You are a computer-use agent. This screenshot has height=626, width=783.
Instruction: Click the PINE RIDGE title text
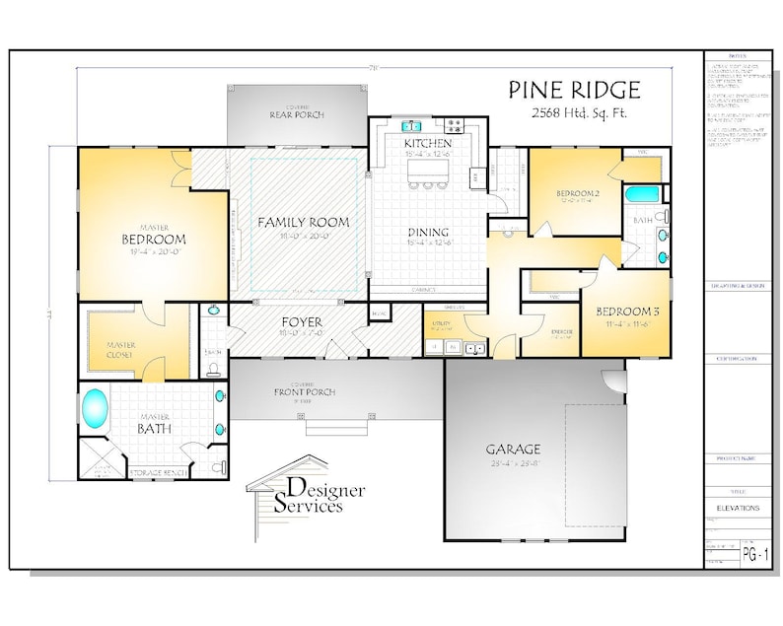(x=574, y=91)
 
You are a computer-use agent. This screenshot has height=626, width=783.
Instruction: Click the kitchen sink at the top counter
(x=413, y=125)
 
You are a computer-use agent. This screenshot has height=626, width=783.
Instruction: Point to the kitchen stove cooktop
(x=456, y=125)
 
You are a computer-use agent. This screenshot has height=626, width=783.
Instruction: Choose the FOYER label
(x=302, y=321)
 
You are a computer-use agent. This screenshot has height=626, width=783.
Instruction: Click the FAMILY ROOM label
(x=303, y=222)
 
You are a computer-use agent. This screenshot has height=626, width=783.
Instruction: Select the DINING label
(x=428, y=234)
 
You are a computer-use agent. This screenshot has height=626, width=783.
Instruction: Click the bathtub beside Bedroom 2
(x=644, y=193)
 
